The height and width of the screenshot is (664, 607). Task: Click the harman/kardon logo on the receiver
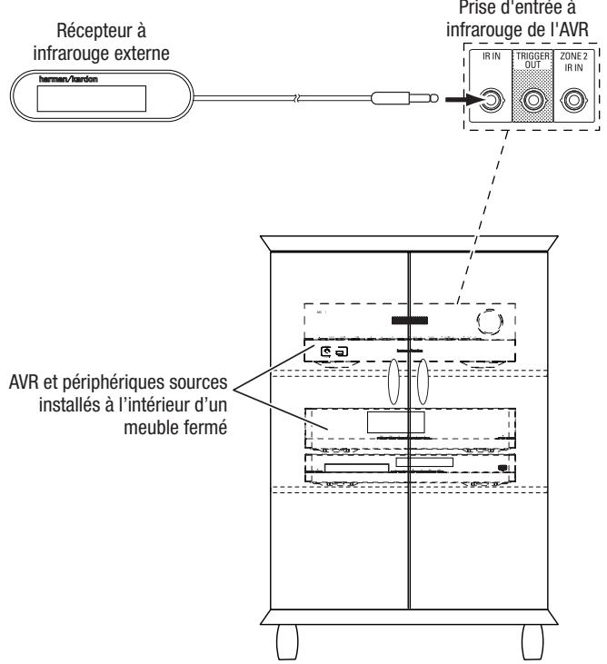60,78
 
